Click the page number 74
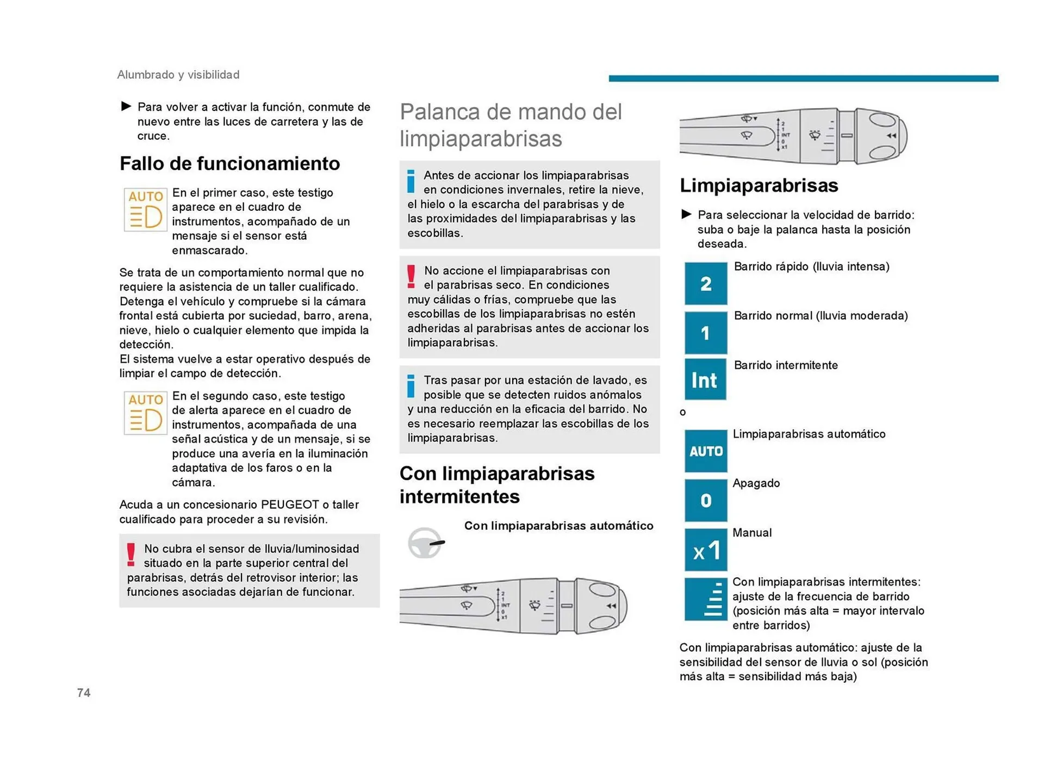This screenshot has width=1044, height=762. coord(84,692)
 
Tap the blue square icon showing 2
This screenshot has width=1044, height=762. coord(705,283)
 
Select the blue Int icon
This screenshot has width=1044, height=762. coord(705,380)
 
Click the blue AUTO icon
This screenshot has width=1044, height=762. coord(705,451)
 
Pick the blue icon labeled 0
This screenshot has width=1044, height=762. coord(705,500)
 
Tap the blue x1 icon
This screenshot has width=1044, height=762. coord(705,550)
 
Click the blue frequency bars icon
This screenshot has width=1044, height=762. coord(705,599)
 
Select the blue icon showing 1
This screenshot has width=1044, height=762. coord(705,332)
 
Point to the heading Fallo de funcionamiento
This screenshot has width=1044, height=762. coord(229,163)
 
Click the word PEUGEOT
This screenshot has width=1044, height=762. coord(290,504)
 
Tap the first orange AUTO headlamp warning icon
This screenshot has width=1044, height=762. coord(145,210)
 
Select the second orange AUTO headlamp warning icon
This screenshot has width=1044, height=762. coord(145,413)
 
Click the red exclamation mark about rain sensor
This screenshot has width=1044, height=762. coord(131,555)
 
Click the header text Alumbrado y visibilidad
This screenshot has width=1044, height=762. coord(178,74)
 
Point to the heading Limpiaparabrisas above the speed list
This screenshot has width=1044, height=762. coord(759,185)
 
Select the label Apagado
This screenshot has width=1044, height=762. coord(756,483)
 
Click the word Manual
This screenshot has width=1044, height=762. coord(752,533)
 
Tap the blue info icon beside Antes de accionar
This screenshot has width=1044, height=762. coord(411,182)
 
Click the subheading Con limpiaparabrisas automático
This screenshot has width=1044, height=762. coord(558,526)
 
